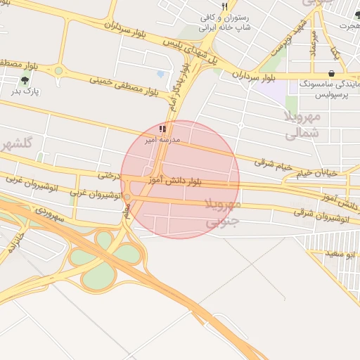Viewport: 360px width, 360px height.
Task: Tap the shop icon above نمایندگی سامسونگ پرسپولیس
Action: pos(331,73)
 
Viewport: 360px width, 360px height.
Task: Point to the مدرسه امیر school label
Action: pos(163,140)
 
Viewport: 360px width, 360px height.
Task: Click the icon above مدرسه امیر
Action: pos(163,129)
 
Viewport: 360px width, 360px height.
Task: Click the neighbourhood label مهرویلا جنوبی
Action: pos(224,212)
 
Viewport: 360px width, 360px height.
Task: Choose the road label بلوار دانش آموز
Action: pos(175,181)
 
